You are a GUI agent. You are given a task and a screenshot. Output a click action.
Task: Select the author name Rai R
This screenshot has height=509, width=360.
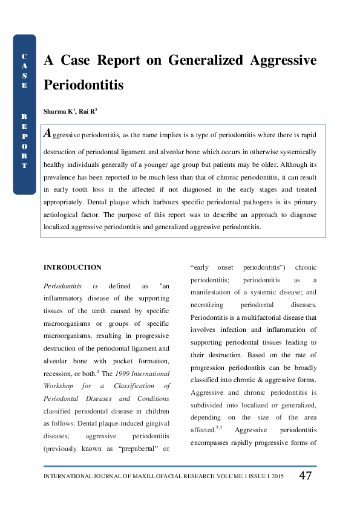(86, 111)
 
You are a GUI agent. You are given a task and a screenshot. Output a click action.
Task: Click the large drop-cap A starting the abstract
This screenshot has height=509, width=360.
(47, 134)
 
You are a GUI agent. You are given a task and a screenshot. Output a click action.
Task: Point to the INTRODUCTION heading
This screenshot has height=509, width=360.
(73, 267)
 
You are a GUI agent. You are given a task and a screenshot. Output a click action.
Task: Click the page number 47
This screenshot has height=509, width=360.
(306, 475)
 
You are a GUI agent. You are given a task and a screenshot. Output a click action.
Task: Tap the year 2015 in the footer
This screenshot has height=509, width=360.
(278, 476)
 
